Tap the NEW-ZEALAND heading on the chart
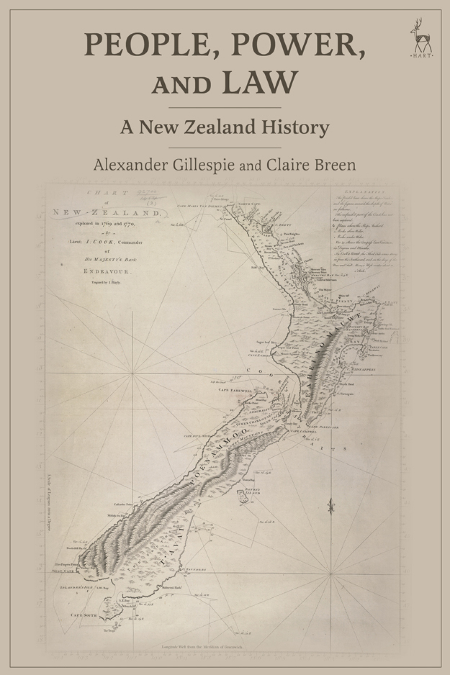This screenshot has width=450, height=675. (106, 213)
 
